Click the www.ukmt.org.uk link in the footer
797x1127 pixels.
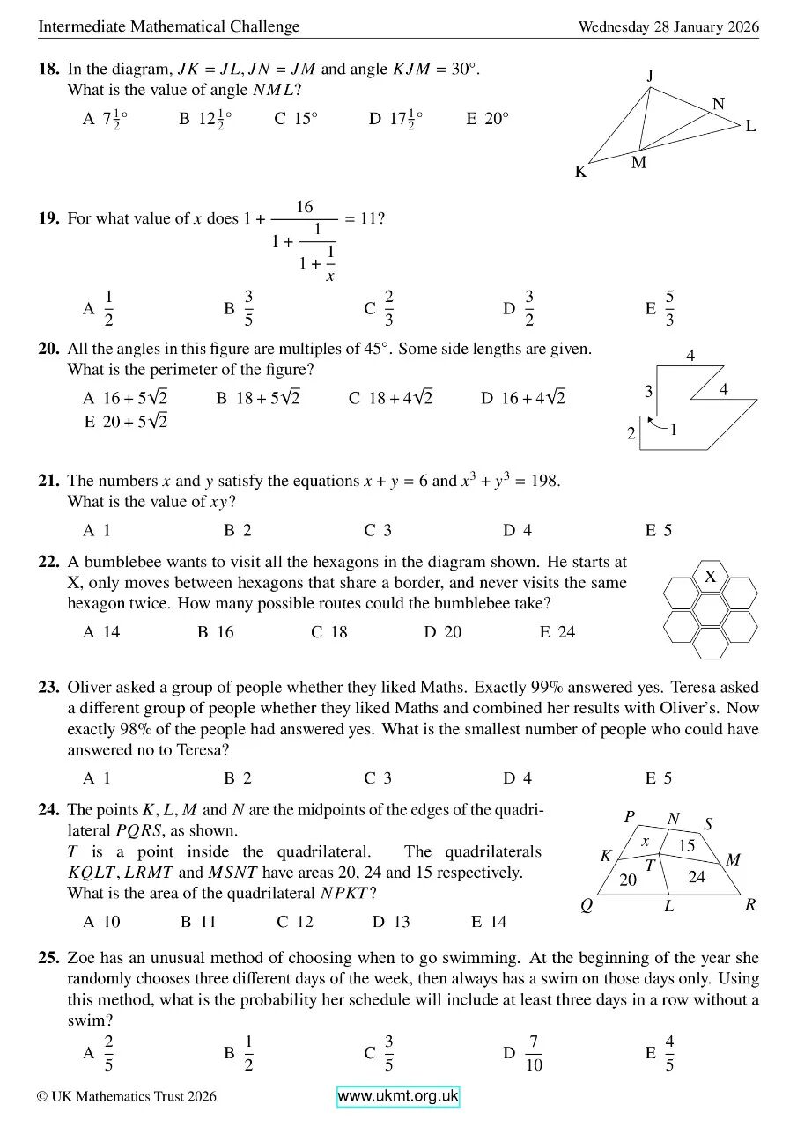[x=398, y=1096]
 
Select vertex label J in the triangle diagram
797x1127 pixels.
[x=650, y=76]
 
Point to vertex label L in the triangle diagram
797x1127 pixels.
[x=750, y=126]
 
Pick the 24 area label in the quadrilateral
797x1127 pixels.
[x=697, y=877]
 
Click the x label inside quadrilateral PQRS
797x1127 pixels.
[x=645, y=841]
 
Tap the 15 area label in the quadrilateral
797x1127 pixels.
[x=687, y=845]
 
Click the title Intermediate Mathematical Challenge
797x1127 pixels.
[x=168, y=26]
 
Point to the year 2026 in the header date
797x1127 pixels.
[x=743, y=26]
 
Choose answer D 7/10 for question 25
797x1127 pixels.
[x=524, y=1053]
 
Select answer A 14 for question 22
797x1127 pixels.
[x=101, y=631]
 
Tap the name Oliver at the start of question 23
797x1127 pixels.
[x=91, y=687]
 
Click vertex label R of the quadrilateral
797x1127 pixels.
[x=750, y=904]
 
